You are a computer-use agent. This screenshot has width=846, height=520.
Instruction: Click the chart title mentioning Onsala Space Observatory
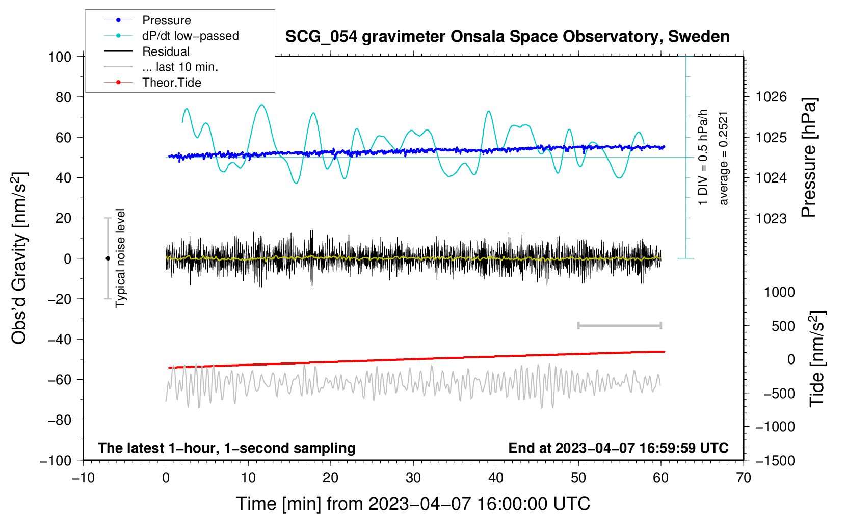507,37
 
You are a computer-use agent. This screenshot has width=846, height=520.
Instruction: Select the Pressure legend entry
166,20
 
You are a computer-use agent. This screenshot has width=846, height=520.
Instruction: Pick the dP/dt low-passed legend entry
190,36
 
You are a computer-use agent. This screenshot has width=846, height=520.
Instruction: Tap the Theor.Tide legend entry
171,83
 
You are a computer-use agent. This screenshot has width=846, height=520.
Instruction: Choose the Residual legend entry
166,51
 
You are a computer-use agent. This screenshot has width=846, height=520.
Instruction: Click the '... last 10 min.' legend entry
180,67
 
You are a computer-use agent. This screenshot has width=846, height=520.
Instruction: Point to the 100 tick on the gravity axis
60,57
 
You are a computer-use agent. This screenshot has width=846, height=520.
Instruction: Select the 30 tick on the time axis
413,478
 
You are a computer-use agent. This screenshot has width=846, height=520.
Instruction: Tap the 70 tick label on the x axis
744,478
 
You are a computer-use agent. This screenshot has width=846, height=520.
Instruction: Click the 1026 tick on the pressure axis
771,97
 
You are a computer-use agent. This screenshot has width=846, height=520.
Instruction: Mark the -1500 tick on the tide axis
775,461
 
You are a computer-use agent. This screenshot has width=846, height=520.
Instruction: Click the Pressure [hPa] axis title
809,158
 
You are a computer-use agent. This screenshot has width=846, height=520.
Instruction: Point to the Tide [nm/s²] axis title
817,359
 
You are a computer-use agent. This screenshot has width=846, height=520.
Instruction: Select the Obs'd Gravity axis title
19,258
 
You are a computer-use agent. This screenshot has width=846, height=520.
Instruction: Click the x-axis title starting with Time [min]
413,504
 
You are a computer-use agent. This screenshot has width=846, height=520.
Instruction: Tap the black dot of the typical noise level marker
108,258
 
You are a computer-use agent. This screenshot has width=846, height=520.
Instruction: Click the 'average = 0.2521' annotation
724,158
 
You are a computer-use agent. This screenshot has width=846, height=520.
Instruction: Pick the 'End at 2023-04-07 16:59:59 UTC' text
618,448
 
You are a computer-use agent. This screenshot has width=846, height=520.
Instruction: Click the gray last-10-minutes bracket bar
619,326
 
